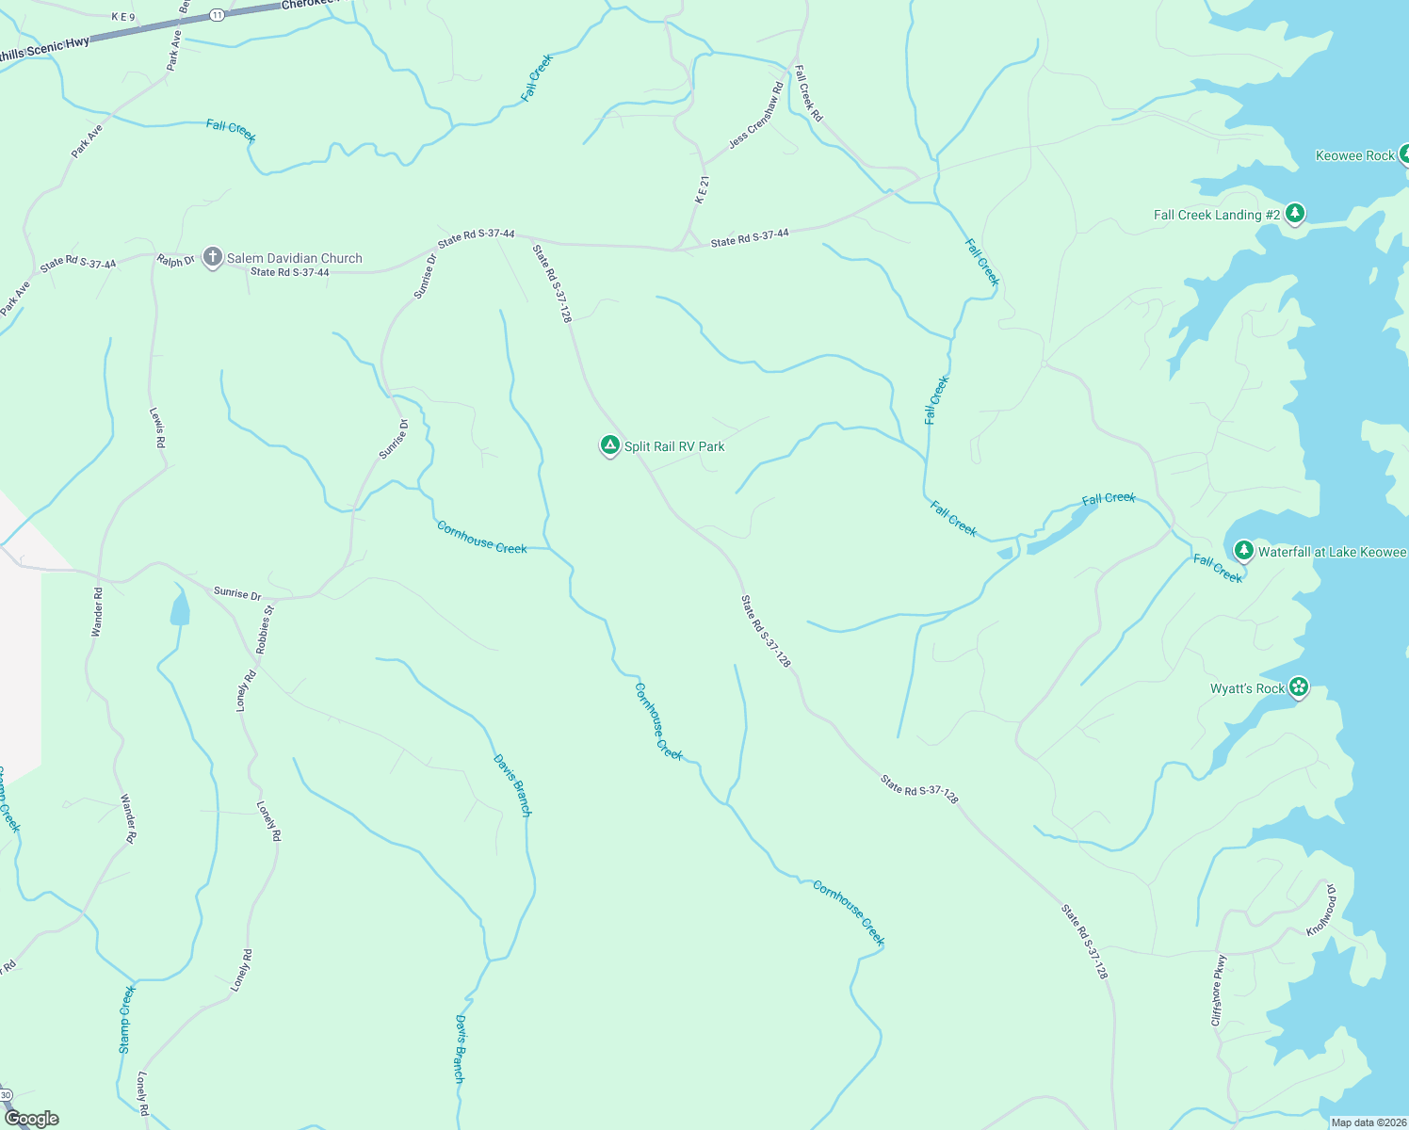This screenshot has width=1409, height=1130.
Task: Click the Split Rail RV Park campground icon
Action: click(609, 445)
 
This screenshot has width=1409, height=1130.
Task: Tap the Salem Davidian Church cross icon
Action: click(213, 257)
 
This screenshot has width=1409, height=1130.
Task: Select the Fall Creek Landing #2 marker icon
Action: click(1295, 214)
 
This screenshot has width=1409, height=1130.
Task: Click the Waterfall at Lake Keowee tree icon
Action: click(1243, 551)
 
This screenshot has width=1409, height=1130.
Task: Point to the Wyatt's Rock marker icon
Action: click(1299, 687)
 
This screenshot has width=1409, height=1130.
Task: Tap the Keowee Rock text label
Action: click(1354, 155)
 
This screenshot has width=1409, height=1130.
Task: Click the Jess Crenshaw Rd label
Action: click(756, 117)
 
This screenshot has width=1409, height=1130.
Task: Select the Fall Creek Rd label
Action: click(808, 93)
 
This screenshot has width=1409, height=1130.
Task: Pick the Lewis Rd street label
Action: click(157, 428)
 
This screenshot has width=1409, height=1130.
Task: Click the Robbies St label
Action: click(266, 630)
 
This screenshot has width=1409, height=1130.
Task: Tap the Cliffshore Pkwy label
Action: click(1219, 991)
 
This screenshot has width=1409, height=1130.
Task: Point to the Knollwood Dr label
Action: click(1321, 910)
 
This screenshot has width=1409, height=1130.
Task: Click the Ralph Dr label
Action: click(175, 260)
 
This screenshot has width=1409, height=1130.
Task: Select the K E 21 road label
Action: click(702, 189)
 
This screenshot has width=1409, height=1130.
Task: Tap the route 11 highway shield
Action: click(218, 15)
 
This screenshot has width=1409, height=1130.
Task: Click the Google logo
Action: click(31, 1119)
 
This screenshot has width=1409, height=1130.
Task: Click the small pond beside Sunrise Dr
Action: click(179, 607)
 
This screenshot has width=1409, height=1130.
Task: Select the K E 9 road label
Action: click(123, 17)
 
